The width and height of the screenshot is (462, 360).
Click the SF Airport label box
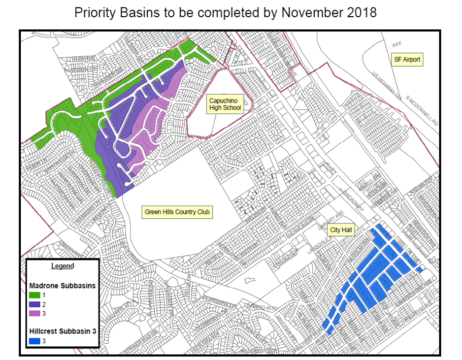click(407, 59)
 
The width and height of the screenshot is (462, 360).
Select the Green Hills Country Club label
click(177, 212)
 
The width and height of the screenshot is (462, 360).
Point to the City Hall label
click(341, 230)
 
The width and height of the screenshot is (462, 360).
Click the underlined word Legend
click(62, 266)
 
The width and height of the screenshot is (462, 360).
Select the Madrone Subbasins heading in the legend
click(62, 285)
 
